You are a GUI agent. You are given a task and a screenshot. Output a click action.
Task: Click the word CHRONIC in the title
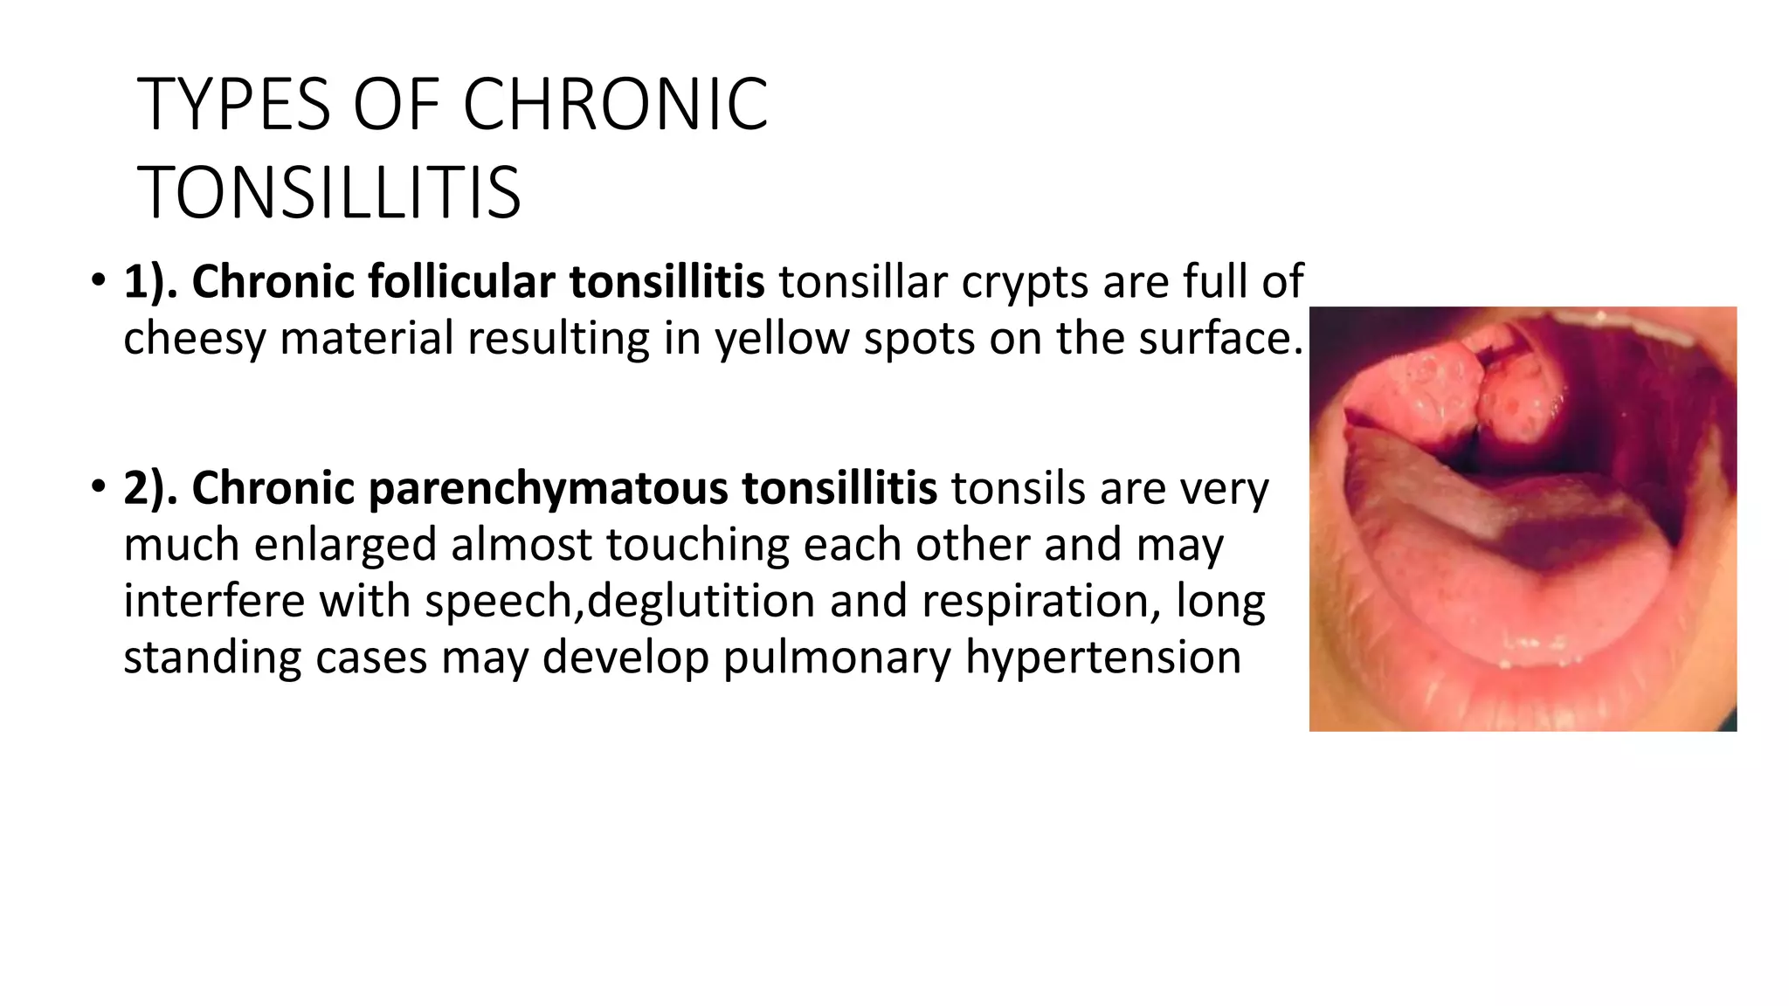[x=615, y=105]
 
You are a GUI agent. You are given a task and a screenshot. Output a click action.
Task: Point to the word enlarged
[x=346, y=545]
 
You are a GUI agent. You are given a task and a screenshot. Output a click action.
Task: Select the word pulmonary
[x=837, y=657]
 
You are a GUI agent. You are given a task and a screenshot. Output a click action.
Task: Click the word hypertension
[x=1103, y=657]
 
